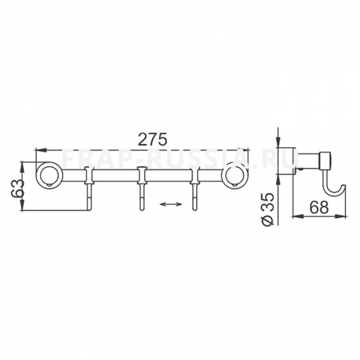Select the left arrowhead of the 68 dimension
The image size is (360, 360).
pos(294,216)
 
